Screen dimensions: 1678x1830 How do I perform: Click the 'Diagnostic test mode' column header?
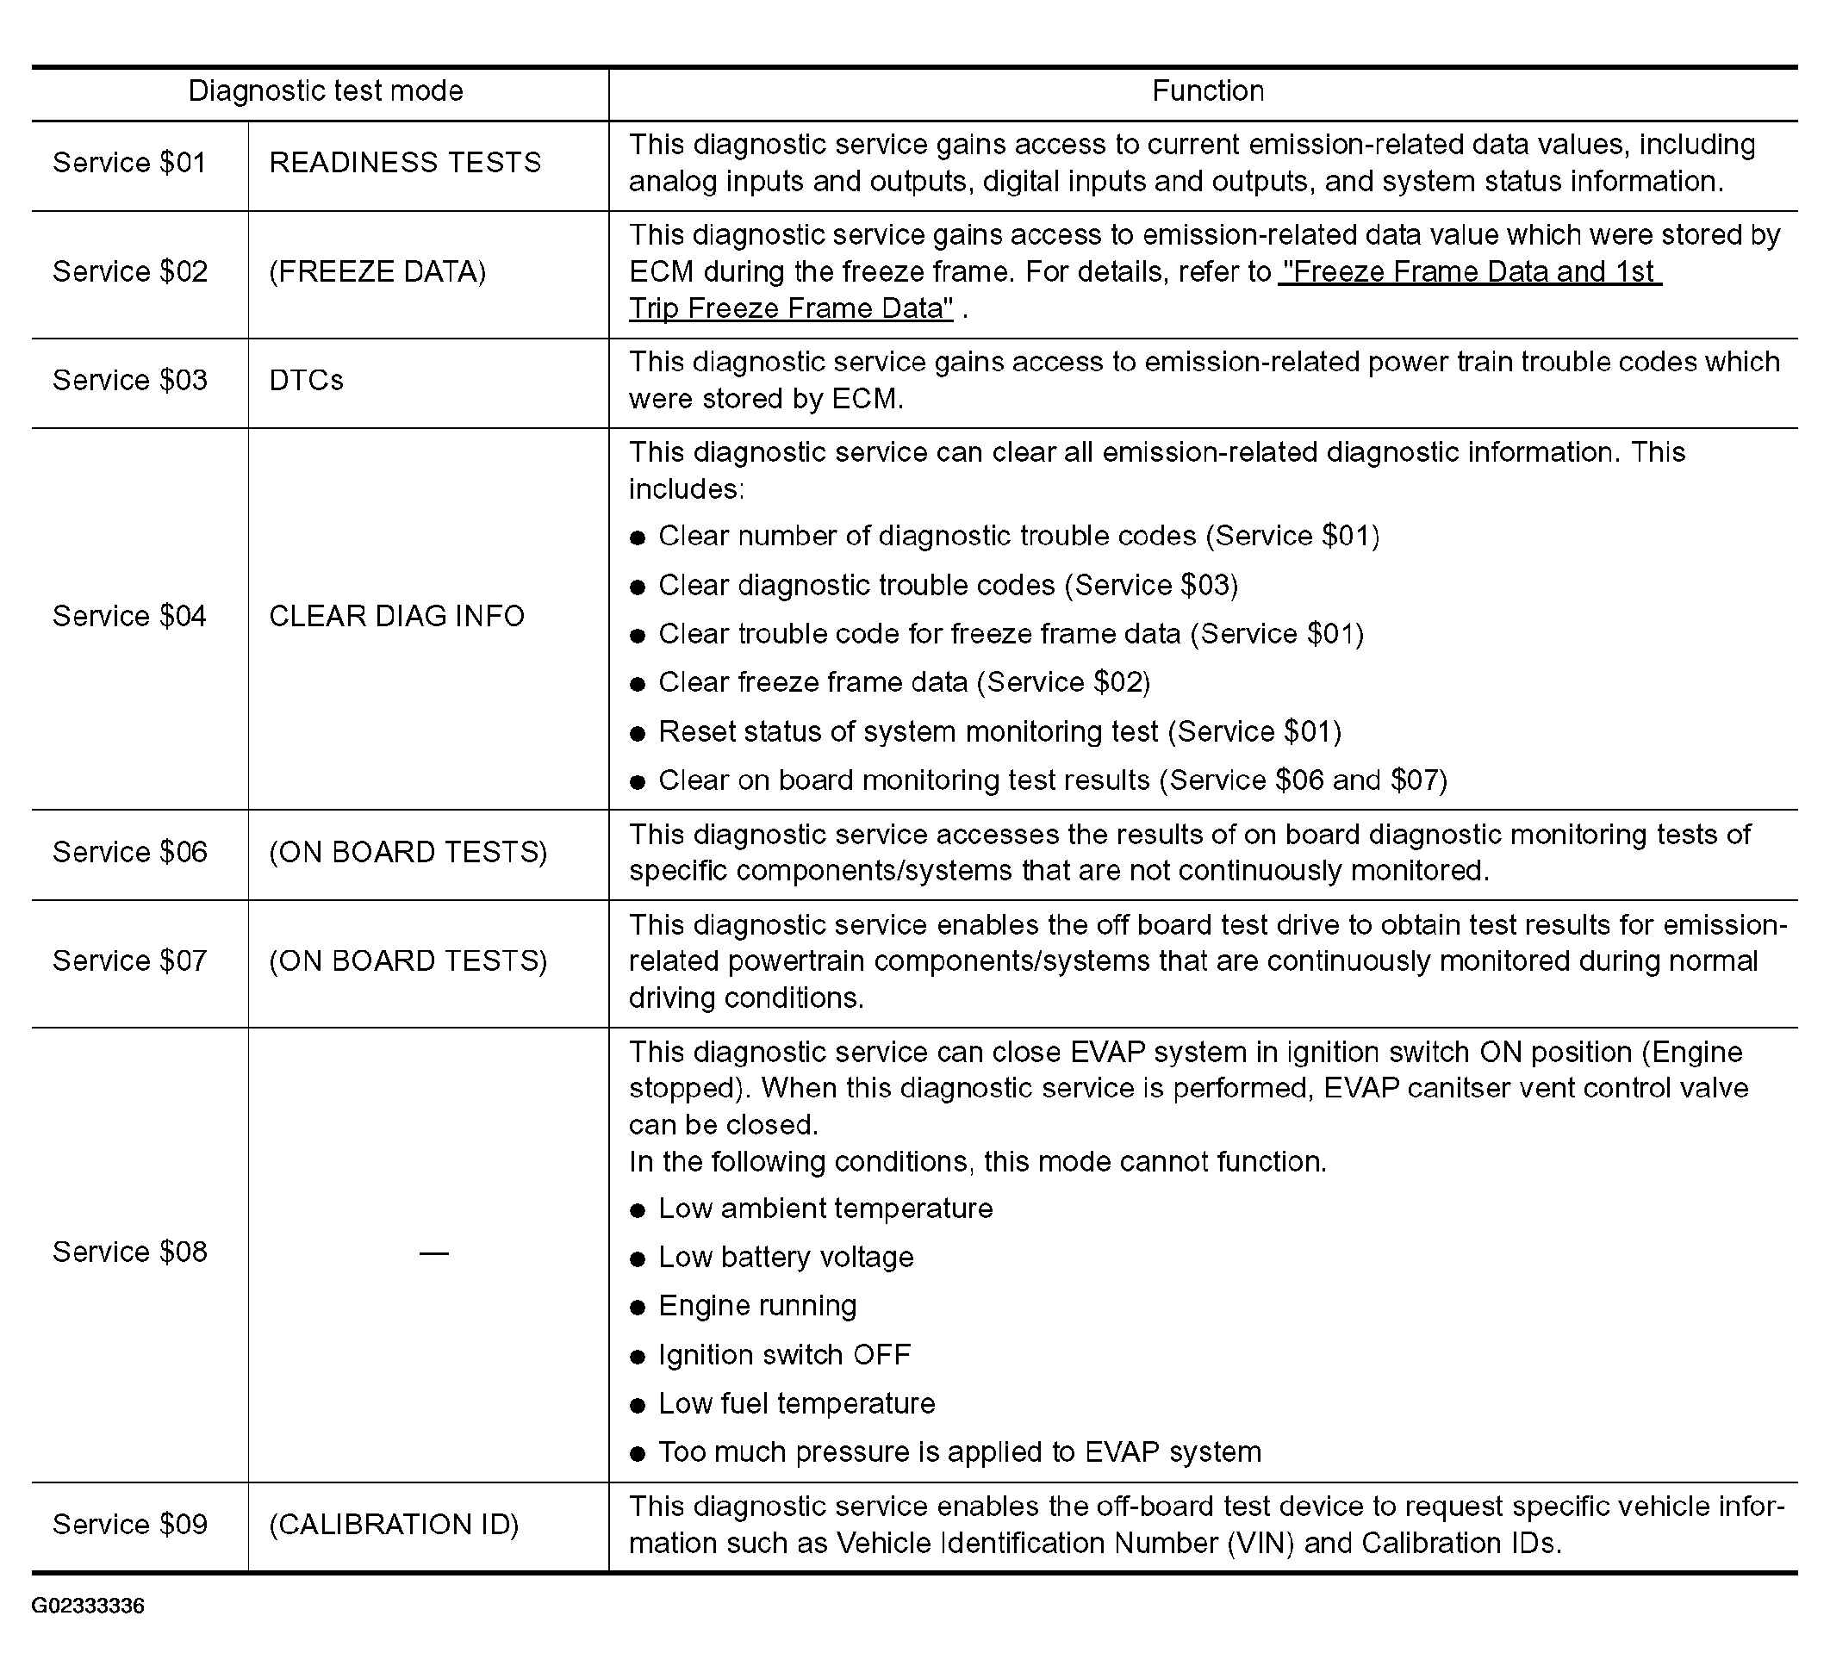[x=325, y=90]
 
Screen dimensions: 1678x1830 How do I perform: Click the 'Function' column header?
[x=1207, y=90]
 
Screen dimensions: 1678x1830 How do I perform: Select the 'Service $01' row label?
[x=130, y=163]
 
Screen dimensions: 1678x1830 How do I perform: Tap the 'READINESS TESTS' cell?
[x=405, y=163]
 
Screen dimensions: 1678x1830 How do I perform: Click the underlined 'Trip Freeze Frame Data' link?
[x=790, y=308]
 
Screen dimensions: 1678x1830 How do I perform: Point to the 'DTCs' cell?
[x=306, y=381]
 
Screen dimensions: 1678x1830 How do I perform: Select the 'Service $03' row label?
[x=130, y=381]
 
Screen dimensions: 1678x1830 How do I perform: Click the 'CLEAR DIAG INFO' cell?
[x=397, y=617]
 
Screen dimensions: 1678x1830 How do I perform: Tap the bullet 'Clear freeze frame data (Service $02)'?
[x=904, y=683]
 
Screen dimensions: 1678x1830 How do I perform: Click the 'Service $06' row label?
[x=130, y=853]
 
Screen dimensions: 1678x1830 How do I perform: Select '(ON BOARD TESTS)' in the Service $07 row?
[x=408, y=961]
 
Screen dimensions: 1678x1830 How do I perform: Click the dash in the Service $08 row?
[x=433, y=1254]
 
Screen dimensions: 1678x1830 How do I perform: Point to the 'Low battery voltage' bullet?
[x=786, y=1258]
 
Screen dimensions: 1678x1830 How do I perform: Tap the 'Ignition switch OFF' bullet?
[x=784, y=1356]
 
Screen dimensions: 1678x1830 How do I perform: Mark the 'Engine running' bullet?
[x=756, y=1307]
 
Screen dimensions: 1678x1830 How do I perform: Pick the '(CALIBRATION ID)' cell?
[x=394, y=1525]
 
